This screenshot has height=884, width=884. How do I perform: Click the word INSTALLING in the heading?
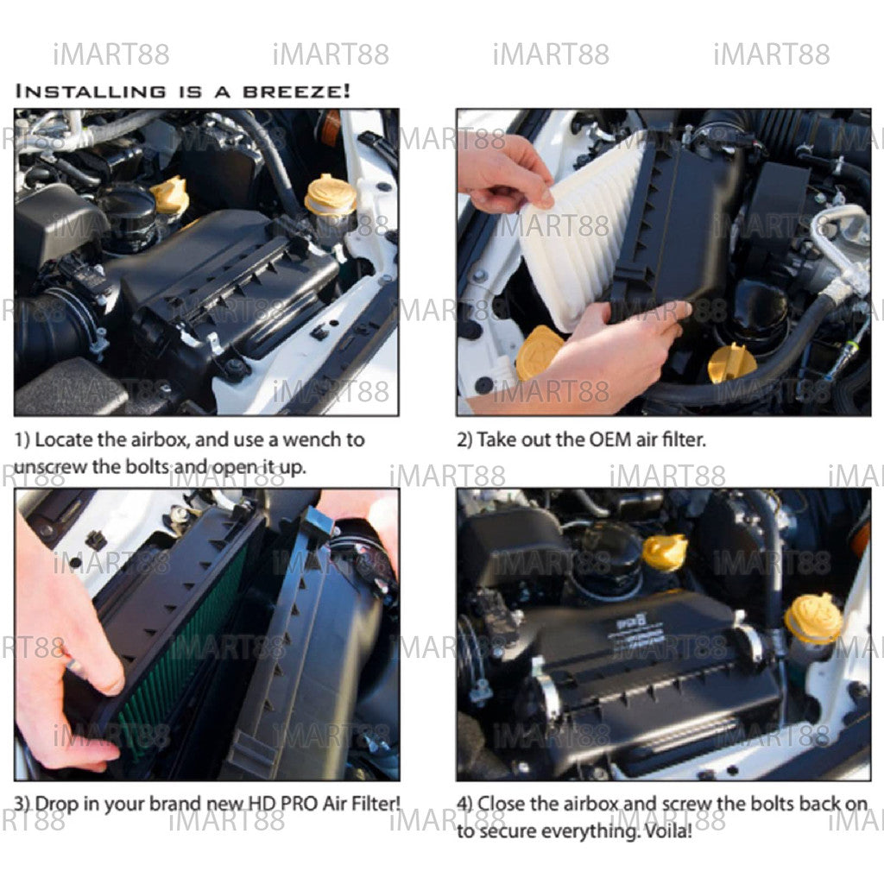tap(91, 92)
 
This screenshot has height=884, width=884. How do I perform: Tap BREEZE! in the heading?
tap(297, 92)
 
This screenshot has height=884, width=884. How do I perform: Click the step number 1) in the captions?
tap(22, 440)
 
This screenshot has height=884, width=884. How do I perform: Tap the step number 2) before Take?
tap(464, 440)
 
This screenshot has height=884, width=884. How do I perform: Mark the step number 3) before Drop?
tap(22, 804)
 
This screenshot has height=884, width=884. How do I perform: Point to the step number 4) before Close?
tap(464, 804)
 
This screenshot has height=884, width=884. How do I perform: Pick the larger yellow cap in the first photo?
tap(331, 196)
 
